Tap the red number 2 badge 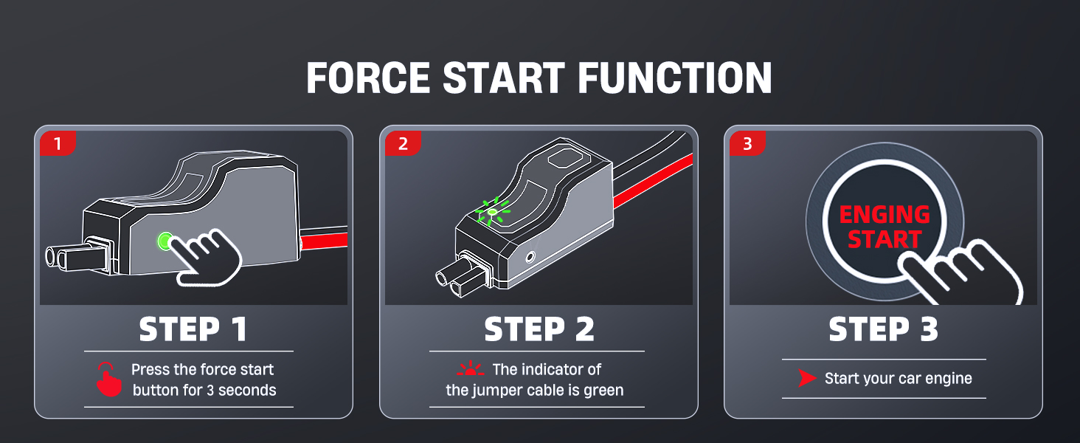coord(402,143)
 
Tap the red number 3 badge coord(747,143)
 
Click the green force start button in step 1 coord(165,241)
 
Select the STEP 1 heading coord(193,330)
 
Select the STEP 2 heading coord(539,330)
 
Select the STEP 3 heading coord(883,330)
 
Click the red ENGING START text coord(884,227)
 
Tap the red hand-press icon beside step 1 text coord(109,380)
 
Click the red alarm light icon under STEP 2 coord(470,369)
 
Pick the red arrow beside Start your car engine coord(807,379)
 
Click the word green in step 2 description coord(603,390)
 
